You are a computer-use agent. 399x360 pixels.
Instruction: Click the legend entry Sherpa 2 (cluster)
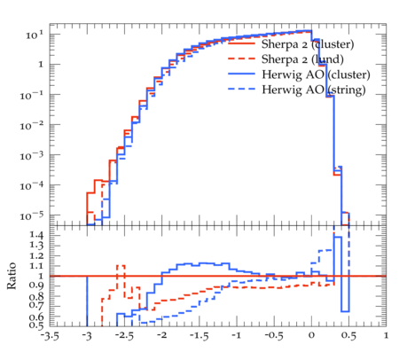point(308,44)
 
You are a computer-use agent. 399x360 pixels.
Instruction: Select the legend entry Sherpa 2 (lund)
point(302,59)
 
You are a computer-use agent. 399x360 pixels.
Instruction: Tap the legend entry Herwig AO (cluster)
point(316,74)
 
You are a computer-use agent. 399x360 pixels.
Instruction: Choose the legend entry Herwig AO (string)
point(313,90)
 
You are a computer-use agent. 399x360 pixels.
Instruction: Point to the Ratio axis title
point(12,276)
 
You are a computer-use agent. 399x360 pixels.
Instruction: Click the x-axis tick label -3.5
point(50,336)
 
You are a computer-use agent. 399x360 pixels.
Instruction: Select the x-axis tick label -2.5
point(124,336)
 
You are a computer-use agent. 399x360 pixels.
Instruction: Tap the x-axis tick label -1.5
point(199,336)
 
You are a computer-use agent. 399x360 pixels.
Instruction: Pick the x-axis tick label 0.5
point(348,336)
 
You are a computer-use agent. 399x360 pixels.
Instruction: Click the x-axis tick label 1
point(386,335)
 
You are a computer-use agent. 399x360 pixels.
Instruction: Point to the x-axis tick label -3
point(87,335)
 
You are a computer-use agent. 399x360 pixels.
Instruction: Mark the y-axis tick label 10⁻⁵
point(32,215)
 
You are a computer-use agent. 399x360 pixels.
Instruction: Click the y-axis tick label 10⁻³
point(32,155)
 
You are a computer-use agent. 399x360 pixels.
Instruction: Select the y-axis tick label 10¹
point(35,35)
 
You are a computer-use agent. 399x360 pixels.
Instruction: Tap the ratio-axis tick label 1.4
point(36,236)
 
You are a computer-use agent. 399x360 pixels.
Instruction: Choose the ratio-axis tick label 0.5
point(36,325)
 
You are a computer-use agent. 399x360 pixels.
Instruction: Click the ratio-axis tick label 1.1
point(36,266)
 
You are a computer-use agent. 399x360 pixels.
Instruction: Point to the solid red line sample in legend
point(241,43)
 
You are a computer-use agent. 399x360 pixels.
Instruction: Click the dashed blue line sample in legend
point(241,89)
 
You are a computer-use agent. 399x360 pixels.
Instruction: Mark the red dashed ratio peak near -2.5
point(121,265)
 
